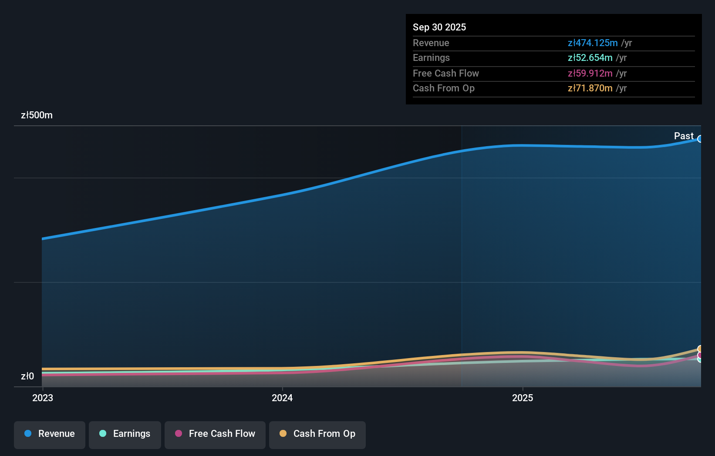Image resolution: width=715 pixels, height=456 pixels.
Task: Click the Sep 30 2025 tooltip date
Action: click(x=439, y=27)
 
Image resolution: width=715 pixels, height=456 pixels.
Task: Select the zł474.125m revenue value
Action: click(x=592, y=43)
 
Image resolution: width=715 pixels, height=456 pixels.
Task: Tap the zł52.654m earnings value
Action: click(x=590, y=58)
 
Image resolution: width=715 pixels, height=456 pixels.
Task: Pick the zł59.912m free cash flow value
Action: click(x=590, y=73)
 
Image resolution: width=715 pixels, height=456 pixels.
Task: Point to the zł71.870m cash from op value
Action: click(x=590, y=88)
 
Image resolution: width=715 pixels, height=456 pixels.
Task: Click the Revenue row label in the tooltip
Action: click(x=431, y=43)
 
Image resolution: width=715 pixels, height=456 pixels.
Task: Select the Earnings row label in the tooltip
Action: click(x=431, y=58)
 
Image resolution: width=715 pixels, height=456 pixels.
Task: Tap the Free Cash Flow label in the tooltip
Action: click(x=445, y=73)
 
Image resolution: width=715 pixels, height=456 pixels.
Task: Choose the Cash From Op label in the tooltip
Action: click(x=443, y=88)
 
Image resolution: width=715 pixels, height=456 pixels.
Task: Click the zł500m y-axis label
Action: click(x=37, y=115)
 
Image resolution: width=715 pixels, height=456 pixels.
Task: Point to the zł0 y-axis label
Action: click(x=27, y=376)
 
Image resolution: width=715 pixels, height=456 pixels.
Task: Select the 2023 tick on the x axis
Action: click(x=43, y=398)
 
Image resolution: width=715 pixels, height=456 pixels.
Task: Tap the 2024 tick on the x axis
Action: click(x=282, y=398)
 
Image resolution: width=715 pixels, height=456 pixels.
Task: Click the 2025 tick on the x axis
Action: click(x=522, y=398)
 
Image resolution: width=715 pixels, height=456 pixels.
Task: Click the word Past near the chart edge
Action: click(x=683, y=136)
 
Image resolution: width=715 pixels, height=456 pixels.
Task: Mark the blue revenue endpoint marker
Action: click(x=700, y=139)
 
